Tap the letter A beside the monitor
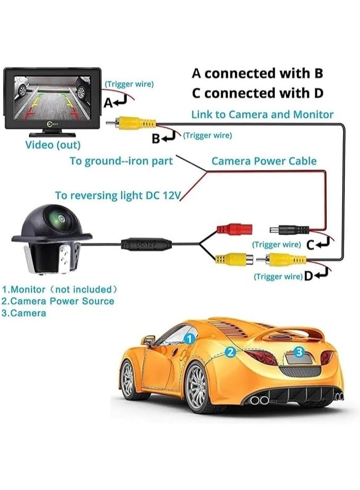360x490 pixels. [108, 104]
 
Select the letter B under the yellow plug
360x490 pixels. [156, 139]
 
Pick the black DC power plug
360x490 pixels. [289, 230]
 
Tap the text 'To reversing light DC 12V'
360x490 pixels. [118, 195]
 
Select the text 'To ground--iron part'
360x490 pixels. [121, 161]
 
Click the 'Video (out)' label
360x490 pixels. [53, 145]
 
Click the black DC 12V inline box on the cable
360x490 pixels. [146, 244]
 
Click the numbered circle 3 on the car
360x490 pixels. [298, 351]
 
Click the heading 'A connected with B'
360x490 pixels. [257, 73]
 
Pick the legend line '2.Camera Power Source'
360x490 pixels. [58, 301]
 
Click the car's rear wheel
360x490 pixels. [197, 386]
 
